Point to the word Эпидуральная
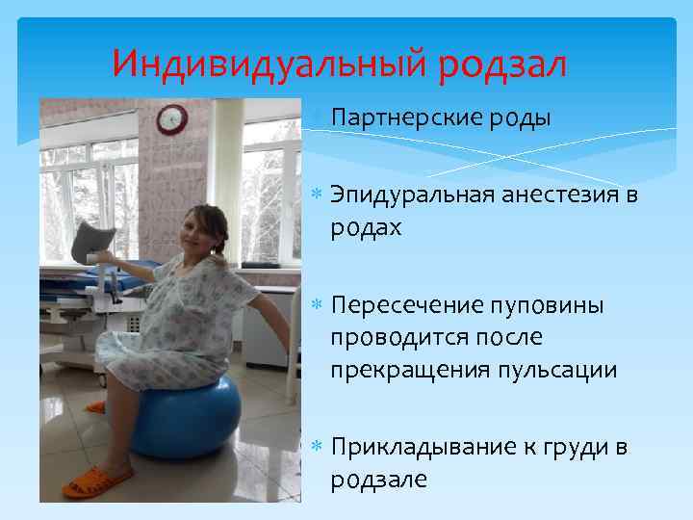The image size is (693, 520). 413,196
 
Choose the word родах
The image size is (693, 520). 366,229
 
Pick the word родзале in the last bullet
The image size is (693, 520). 378,479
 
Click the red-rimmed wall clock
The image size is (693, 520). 171,118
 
